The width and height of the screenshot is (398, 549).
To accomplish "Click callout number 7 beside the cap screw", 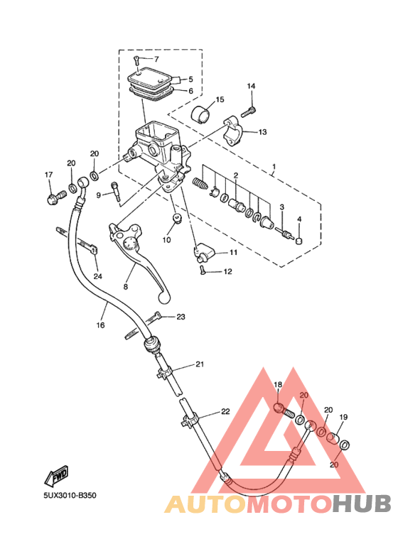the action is coord(156,59).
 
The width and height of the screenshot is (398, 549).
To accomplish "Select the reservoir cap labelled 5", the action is coord(149,78).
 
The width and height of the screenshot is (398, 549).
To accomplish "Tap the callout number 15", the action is coord(220,100).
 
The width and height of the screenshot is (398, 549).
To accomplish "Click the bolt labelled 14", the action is coord(248,112).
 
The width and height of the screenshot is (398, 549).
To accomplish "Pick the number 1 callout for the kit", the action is coord(274,165).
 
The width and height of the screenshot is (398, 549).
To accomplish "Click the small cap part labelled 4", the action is coord(299,241).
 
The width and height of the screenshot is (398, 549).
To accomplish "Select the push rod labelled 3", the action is coord(284,232).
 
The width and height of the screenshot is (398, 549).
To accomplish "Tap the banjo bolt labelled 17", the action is coord(56,197).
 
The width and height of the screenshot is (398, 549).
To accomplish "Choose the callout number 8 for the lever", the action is coord(125,287).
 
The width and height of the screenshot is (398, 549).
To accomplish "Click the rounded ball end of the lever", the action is coord(164,298).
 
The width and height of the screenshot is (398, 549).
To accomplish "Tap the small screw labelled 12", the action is coord(203,271).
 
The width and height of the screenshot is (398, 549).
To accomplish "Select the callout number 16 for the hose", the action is coord(100,325).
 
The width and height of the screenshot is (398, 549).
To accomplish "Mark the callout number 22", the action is coord(225,411).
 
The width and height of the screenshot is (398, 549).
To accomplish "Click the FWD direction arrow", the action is coord(56,476).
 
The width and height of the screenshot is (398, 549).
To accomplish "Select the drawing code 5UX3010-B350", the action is coord(70,496).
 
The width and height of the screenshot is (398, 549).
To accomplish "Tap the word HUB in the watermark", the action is coord(361,504).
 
